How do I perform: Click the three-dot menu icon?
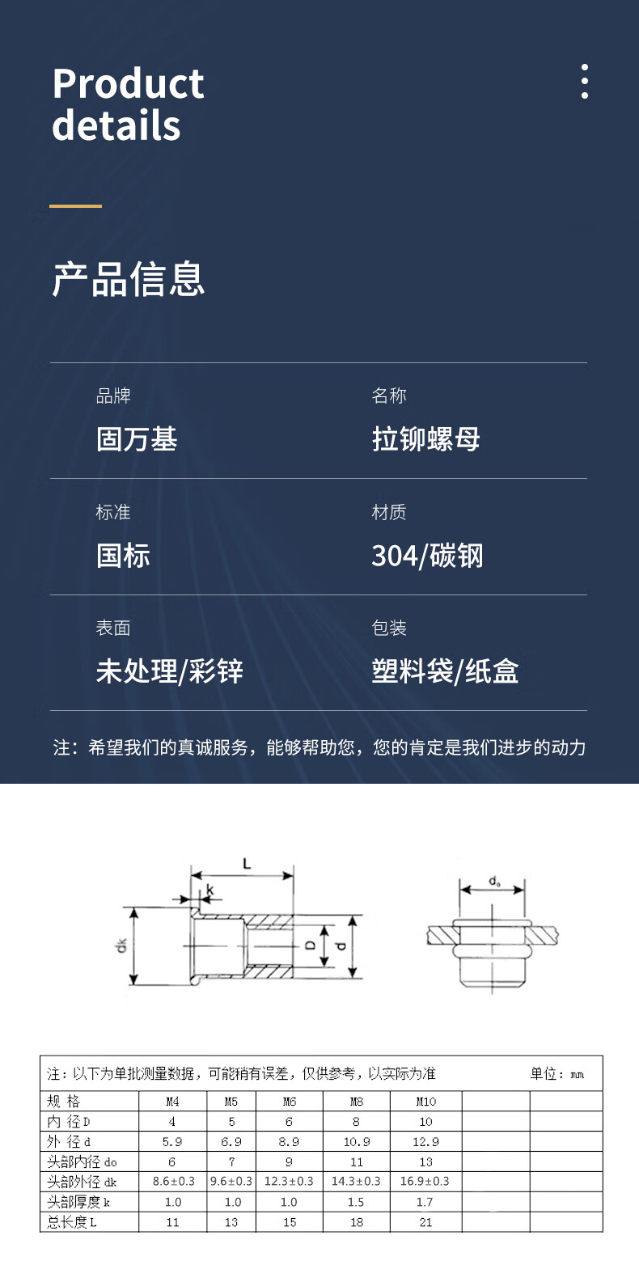[584, 81]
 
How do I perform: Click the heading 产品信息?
[129, 279]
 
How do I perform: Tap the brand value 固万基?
[137, 439]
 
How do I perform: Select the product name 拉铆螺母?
[425, 439]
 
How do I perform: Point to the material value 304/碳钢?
[427, 556]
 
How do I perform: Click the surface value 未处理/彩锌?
[169, 671]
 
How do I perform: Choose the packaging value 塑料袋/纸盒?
[445, 671]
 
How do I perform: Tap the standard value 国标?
[123, 556]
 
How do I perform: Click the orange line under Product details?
[75, 206]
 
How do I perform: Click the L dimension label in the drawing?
[247, 864]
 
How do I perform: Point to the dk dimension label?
[121, 945]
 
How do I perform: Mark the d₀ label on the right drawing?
[494, 881]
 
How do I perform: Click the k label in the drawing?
[210, 890]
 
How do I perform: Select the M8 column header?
[357, 1102]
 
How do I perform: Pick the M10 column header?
[425, 1102]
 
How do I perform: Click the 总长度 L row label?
[72, 1222]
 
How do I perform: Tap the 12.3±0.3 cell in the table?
[289, 1182]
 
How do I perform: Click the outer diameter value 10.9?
[357, 1142]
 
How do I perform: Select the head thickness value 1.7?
[425, 1202]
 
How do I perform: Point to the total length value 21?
[425, 1222]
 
